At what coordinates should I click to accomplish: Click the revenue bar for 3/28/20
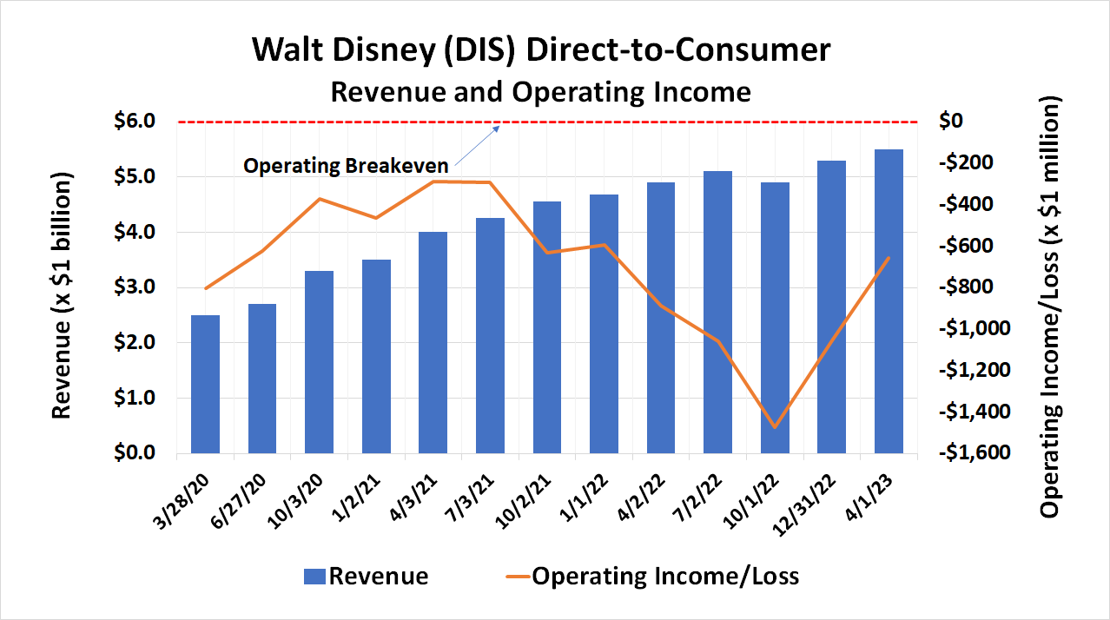[205, 384]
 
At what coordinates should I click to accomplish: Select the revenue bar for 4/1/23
[889, 301]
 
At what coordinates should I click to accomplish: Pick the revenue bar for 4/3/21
[433, 342]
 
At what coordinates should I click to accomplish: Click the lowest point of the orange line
[775, 427]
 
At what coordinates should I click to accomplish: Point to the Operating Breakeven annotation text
[346, 165]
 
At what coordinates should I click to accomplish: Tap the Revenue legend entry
[366, 576]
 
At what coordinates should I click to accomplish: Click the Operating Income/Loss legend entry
[651, 576]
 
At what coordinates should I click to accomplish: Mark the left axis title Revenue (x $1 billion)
[62, 295]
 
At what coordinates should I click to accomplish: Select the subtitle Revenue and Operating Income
[540, 91]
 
